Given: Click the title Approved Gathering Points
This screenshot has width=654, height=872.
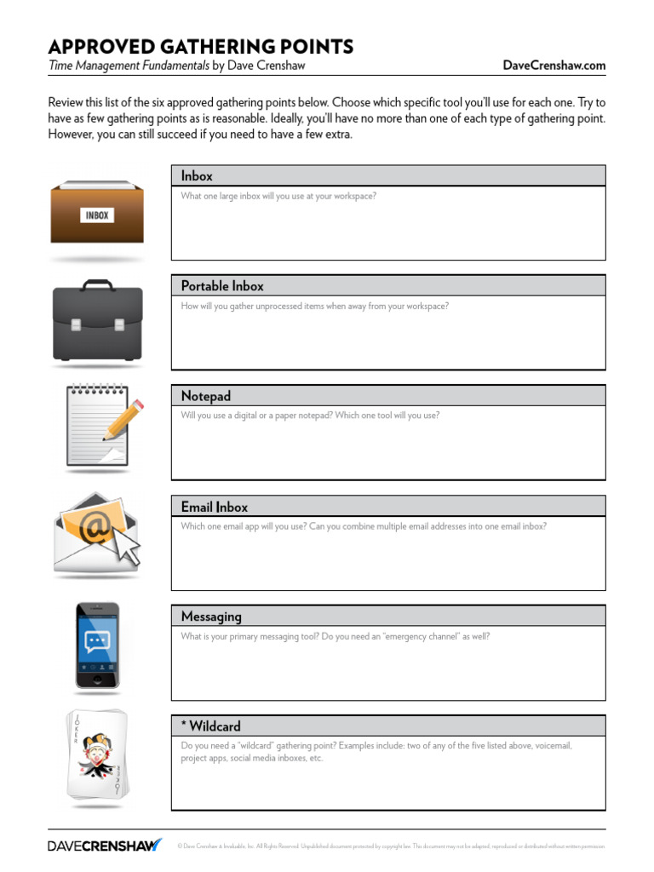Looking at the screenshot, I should pyautogui.click(x=200, y=46).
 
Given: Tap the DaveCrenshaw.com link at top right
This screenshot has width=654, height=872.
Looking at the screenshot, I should pyautogui.click(x=554, y=65).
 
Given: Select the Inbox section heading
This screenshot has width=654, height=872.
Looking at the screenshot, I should pyautogui.click(x=197, y=175).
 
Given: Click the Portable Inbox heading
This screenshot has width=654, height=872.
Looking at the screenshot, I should pyautogui.click(x=222, y=285).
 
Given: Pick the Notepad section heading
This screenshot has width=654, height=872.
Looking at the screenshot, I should pyautogui.click(x=205, y=396).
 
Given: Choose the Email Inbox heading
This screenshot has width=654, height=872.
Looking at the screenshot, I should pyautogui.click(x=214, y=507).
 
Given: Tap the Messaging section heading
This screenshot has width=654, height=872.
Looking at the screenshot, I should pyautogui.click(x=211, y=616).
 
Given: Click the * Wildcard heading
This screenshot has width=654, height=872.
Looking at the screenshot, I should pyautogui.click(x=210, y=726).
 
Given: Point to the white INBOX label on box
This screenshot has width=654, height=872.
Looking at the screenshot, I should pyautogui.click(x=96, y=215).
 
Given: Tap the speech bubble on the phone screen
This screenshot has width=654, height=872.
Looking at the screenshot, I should pyautogui.click(x=96, y=641).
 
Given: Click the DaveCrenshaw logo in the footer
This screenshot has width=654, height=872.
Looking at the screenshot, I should pyautogui.click(x=104, y=846).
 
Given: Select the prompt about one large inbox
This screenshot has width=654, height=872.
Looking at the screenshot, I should pyautogui.click(x=278, y=196).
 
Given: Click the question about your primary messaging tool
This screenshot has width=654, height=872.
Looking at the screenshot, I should pyautogui.click(x=336, y=636).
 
